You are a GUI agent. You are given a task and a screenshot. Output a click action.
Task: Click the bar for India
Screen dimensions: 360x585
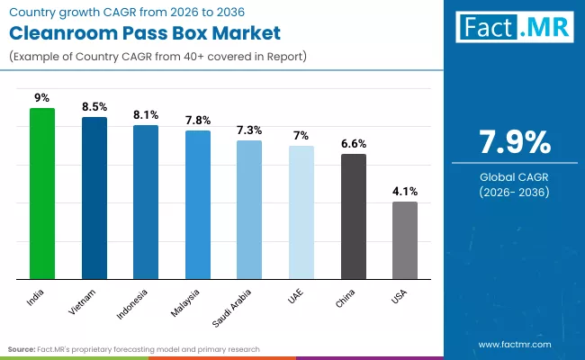[x=42, y=193]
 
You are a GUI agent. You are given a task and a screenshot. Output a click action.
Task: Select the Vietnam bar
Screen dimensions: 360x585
[x=94, y=198]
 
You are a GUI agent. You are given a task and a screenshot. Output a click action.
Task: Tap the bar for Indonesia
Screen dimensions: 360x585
[x=146, y=202]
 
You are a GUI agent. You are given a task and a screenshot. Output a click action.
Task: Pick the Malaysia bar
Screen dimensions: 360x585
[x=198, y=204]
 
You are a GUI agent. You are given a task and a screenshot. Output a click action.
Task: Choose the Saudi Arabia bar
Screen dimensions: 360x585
[x=249, y=210]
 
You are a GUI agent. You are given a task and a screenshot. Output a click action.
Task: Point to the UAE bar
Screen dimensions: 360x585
[x=301, y=212]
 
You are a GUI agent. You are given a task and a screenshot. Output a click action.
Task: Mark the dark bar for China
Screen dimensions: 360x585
[x=354, y=216]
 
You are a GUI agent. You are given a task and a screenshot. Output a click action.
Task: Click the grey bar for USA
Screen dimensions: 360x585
[x=405, y=240]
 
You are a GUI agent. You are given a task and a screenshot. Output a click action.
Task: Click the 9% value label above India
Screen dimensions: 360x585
[x=42, y=97]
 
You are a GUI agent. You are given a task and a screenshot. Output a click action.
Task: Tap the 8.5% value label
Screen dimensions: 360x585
[x=94, y=106]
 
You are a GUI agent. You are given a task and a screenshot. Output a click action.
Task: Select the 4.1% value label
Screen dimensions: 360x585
[x=405, y=191]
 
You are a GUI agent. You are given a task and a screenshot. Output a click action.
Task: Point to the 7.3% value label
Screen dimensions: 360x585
[x=249, y=130]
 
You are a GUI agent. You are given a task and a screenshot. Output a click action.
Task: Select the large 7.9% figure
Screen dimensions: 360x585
[x=513, y=143]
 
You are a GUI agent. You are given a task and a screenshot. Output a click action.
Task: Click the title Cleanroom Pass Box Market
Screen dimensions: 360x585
[x=146, y=34]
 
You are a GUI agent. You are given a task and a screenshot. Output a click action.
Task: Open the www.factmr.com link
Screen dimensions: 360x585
[x=516, y=344]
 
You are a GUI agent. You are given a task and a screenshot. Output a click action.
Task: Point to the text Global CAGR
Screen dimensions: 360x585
[x=513, y=176]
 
